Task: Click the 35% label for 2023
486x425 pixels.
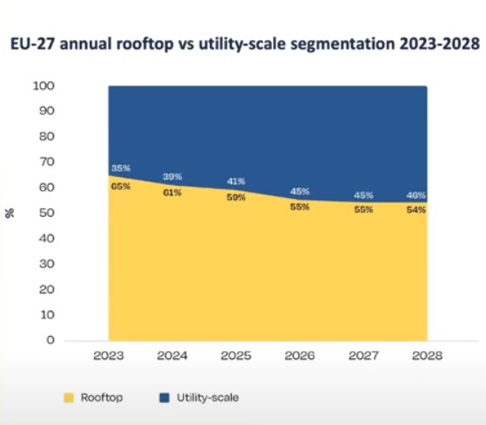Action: [121, 168]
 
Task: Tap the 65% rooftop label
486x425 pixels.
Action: [121, 187]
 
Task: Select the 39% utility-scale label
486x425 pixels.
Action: [172, 177]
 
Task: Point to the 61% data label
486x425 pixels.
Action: [172, 193]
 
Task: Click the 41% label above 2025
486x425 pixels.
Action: [236, 181]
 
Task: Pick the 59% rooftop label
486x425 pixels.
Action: [236, 197]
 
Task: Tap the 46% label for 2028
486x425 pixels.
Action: [416, 196]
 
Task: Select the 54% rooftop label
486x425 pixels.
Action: [416, 210]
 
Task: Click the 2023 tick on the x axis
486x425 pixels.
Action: [108, 356]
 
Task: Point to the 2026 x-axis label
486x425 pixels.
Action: [299, 356]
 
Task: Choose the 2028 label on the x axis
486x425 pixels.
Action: [427, 356]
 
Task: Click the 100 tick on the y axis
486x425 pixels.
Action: [44, 86]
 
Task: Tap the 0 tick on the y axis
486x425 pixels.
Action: [51, 341]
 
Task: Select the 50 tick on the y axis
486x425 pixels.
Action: [47, 213]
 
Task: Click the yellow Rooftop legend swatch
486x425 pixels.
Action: [68, 397]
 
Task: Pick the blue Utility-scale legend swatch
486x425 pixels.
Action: [164, 397]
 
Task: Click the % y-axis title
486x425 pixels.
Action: [10, 213]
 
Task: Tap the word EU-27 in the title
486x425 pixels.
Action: [33, 44]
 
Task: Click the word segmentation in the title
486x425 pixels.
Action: [342, 44]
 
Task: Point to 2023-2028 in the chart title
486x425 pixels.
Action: [440, 44]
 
